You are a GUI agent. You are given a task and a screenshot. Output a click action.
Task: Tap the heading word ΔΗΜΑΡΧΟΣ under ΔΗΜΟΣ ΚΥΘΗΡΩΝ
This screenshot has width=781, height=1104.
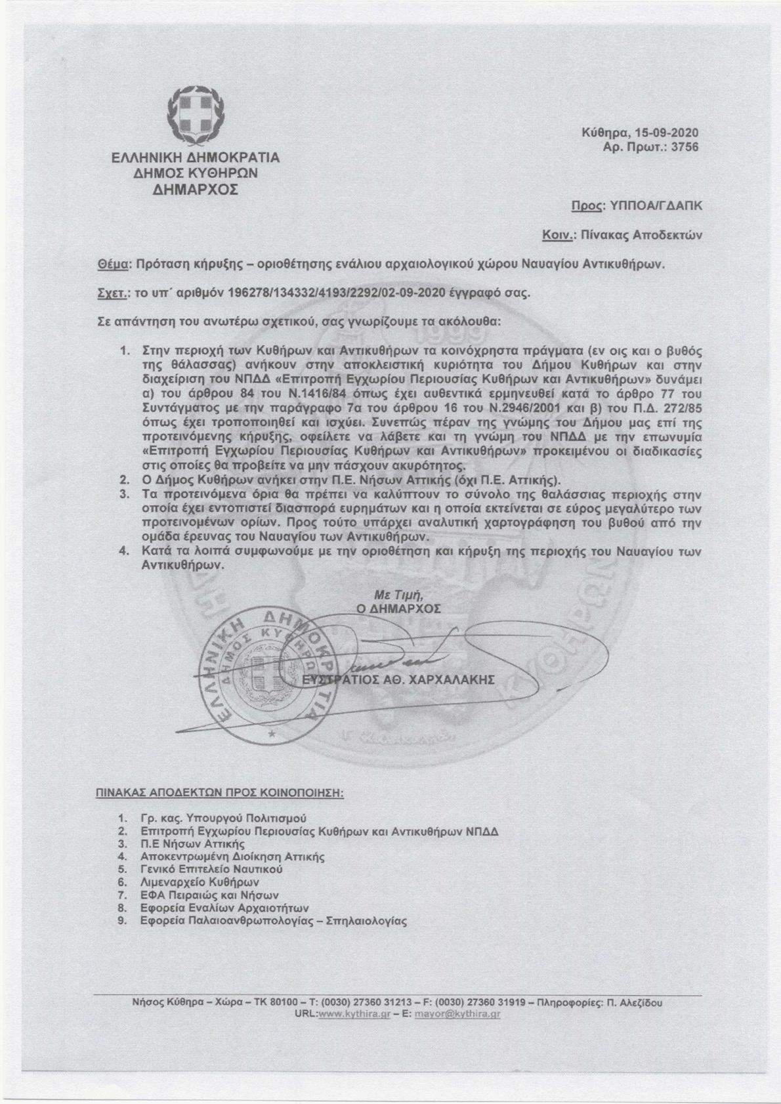[x=195, y=190]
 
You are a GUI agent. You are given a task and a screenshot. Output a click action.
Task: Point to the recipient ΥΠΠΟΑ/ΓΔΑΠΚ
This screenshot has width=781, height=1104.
[x=654, y=205]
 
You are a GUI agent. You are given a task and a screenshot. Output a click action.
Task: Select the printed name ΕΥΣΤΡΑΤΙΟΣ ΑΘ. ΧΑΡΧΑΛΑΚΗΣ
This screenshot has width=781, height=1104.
[x=396, y=681]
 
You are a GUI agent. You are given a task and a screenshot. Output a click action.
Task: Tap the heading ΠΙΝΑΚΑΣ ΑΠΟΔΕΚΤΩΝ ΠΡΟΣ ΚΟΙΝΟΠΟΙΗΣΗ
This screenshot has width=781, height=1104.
[x=221, y=792]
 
